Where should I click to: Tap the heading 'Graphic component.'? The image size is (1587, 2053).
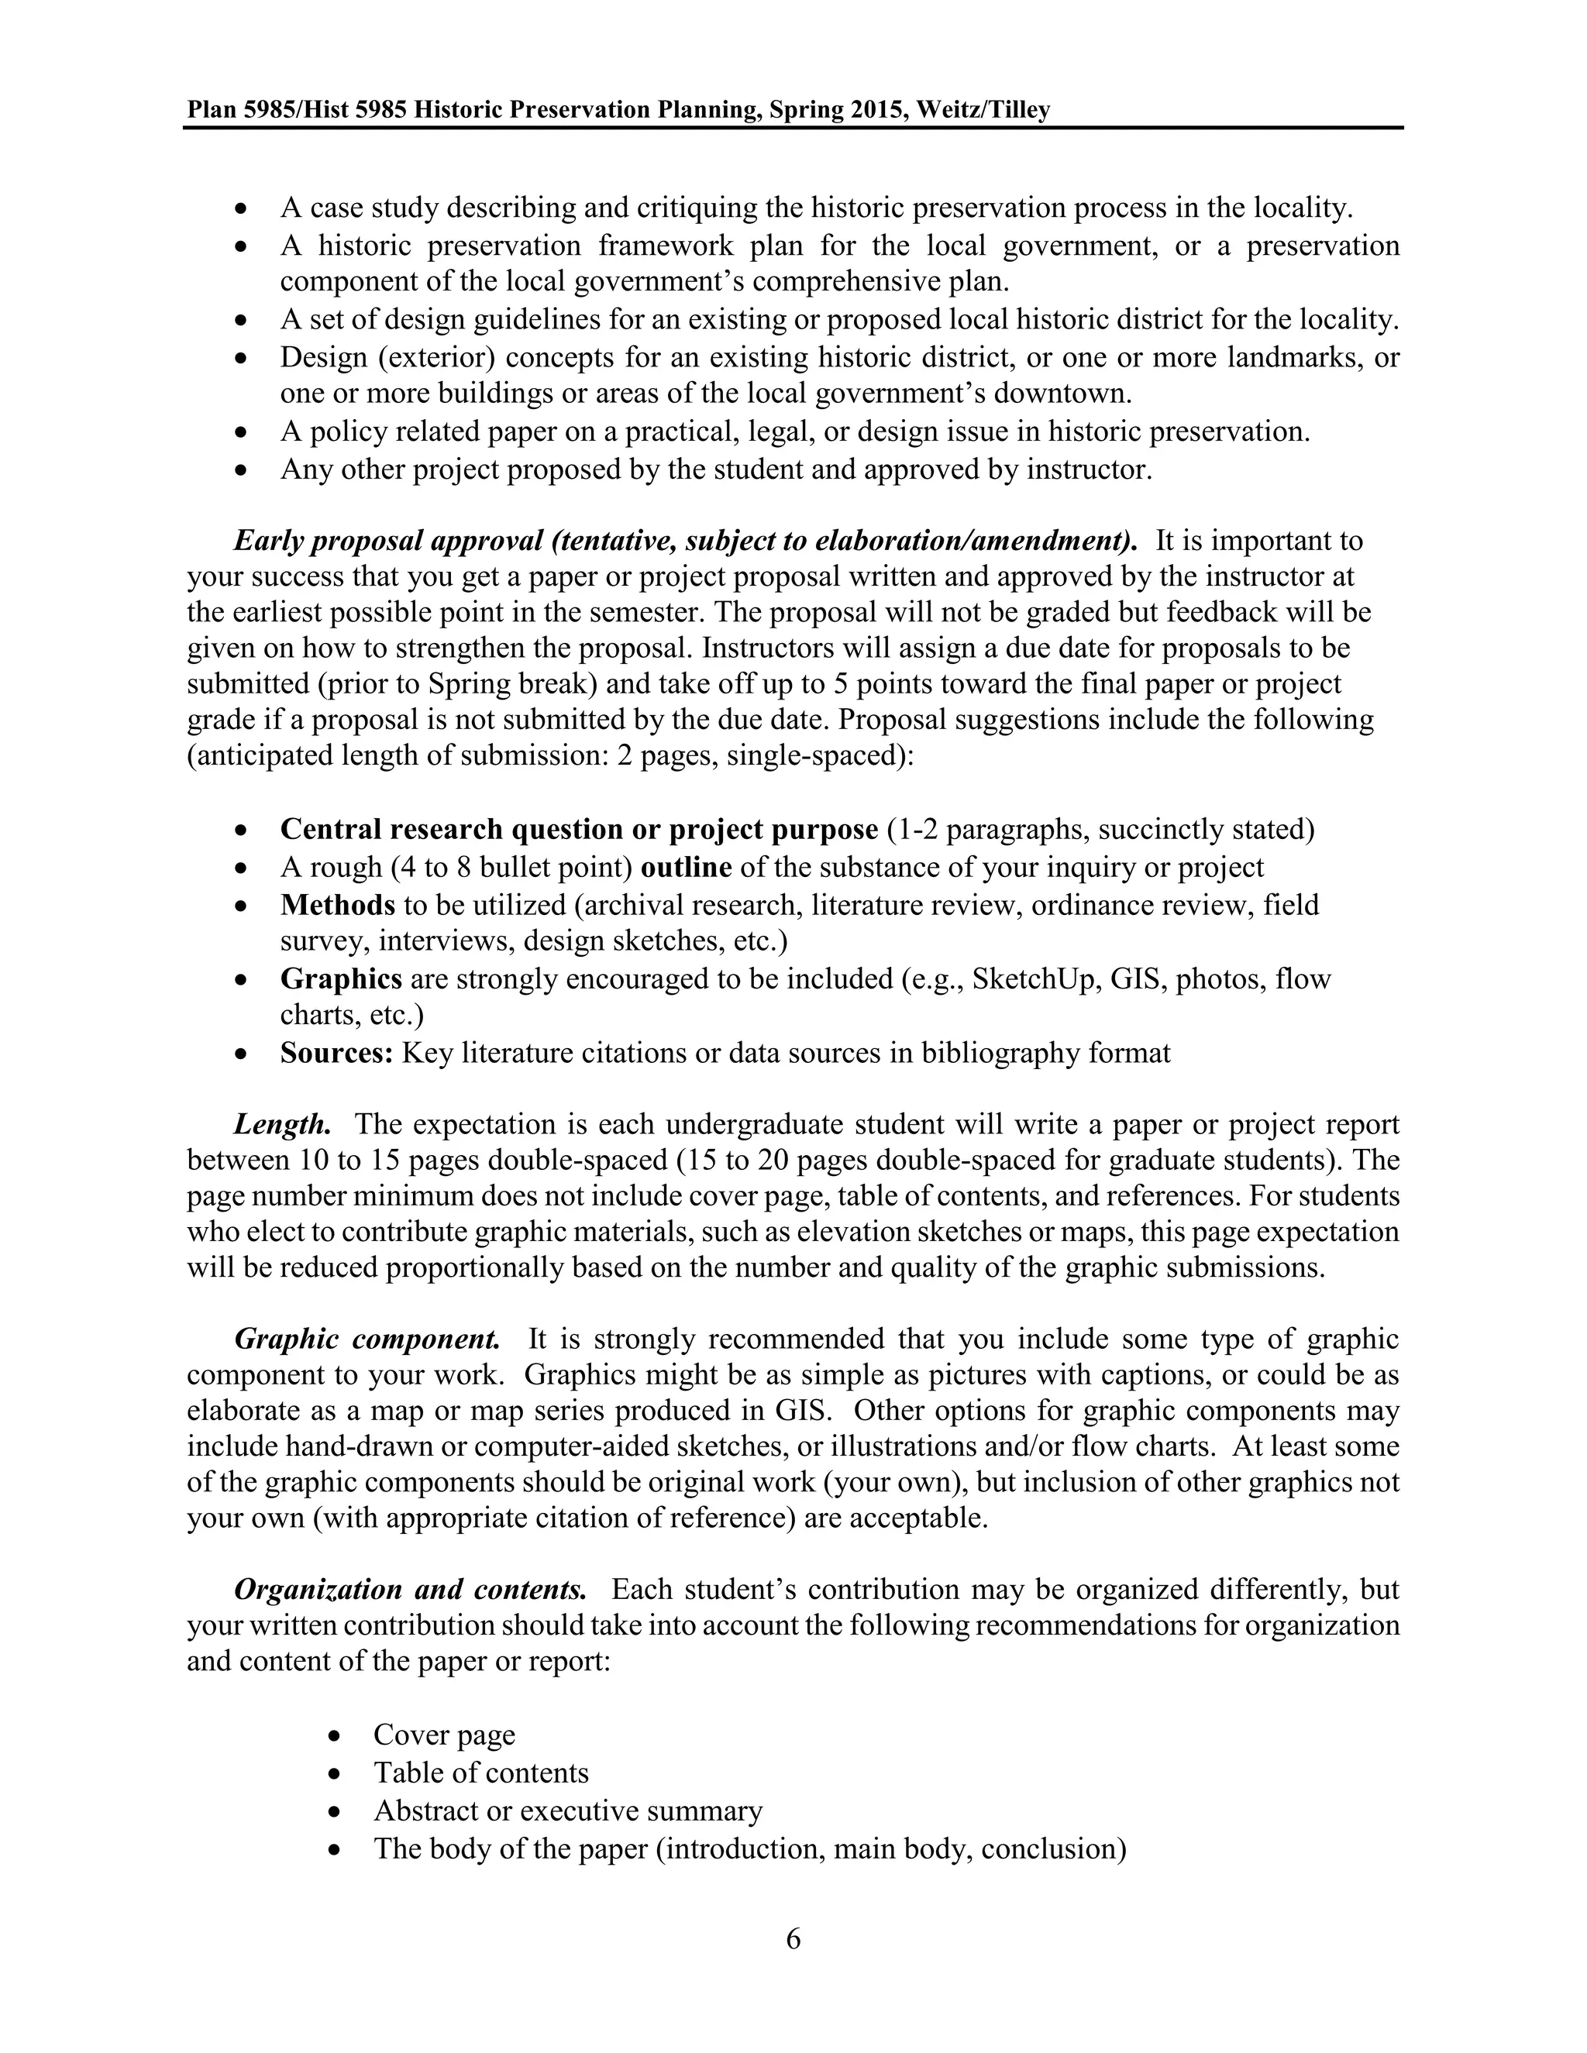point(367,1339)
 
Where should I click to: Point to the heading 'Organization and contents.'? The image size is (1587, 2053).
point(410,1589)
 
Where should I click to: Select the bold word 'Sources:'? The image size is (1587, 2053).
point(336,1053)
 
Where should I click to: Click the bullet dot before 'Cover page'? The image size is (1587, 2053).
point(336,1735)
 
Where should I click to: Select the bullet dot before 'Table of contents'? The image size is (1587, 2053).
point(336,1773)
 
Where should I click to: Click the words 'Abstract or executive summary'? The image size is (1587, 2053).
point(568,1810)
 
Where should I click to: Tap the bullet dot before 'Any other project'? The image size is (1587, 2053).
point(243,469)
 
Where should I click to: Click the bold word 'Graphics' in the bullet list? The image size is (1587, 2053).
point(341,978)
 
